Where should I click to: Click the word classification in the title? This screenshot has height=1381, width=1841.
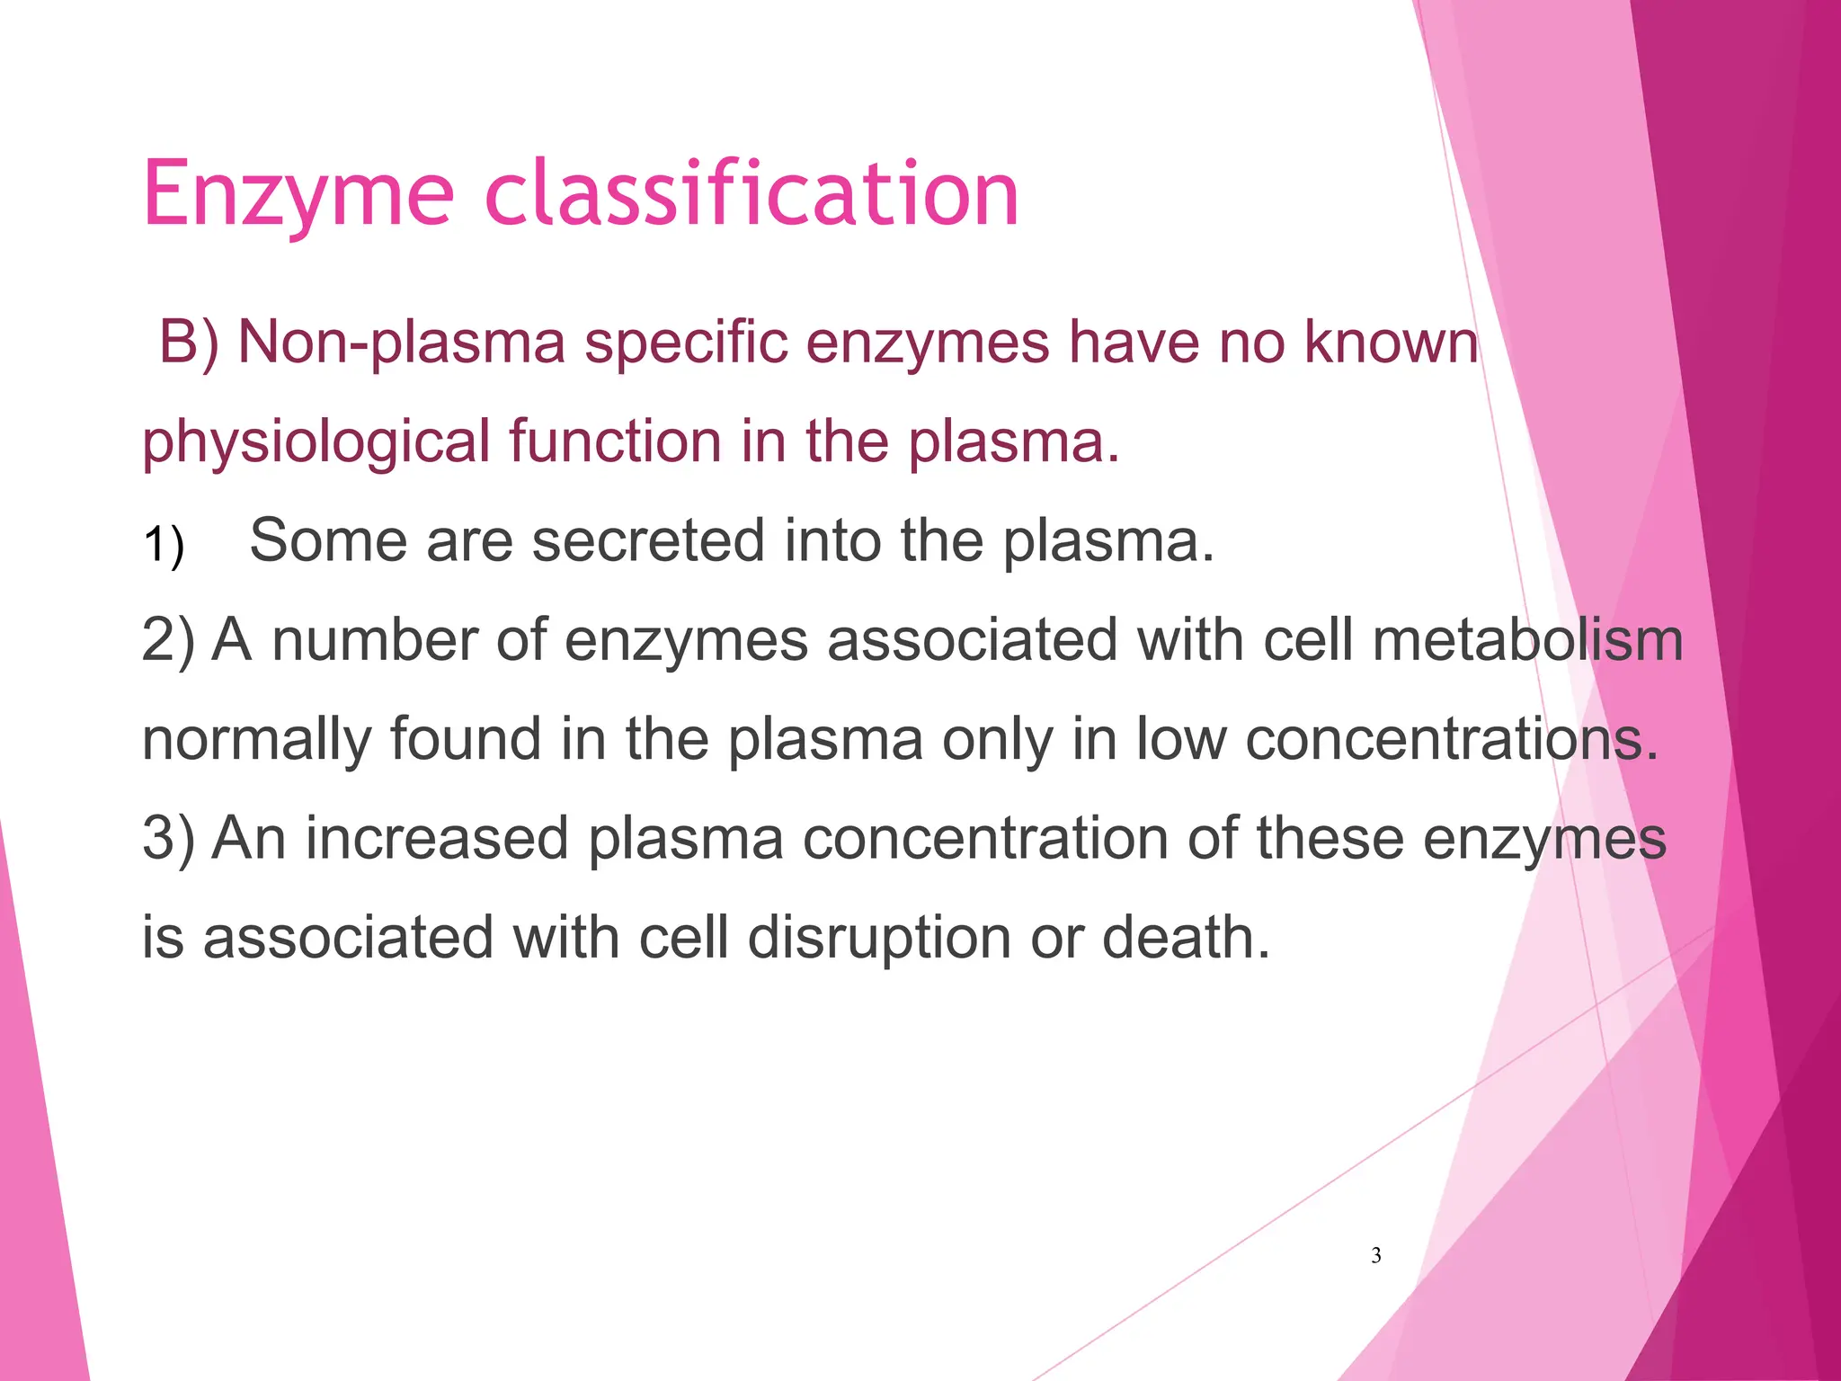click(752, 192)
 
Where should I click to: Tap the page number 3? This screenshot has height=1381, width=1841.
click(1375, 1256)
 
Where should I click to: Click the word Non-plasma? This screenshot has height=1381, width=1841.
click(401, 343)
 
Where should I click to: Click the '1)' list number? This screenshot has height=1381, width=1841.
click(164, 545)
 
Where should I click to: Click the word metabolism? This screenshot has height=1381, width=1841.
click(1527, 640)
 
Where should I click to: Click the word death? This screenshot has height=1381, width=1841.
click(1185, 937)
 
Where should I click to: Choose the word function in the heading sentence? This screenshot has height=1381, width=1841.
click(615, 441)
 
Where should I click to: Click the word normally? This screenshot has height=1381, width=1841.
click(256, 741)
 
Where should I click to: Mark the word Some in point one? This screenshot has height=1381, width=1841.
click(327, 540)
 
